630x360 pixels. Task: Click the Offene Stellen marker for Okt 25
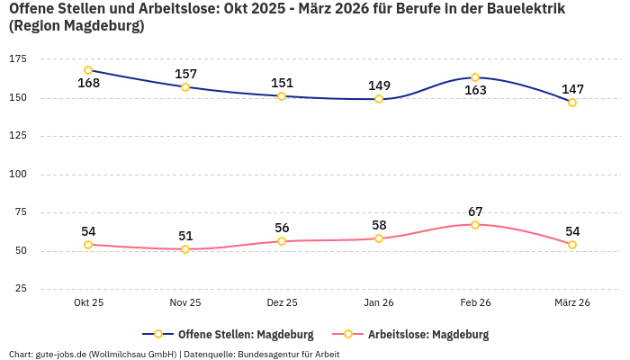click(88, 70)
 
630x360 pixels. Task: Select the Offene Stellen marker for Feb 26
click(475, 77)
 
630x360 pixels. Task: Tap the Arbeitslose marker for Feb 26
click(475, 225)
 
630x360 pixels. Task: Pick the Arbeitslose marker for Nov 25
click(185, 249)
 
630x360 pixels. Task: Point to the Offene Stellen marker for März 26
click(572, 103)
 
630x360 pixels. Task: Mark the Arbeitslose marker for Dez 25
click(282, 241)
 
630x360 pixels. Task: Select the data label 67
click(475, 211)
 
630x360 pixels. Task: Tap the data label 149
click(379, 85)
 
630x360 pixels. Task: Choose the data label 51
click(185, 236)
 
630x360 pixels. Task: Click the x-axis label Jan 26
click(379, 303)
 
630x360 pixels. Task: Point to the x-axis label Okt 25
click(88, 303)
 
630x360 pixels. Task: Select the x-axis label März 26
click(572, 303)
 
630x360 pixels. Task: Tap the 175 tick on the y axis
click(17, 59)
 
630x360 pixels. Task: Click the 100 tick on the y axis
click(17, 175)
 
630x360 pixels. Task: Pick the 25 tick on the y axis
click(20, 289)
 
